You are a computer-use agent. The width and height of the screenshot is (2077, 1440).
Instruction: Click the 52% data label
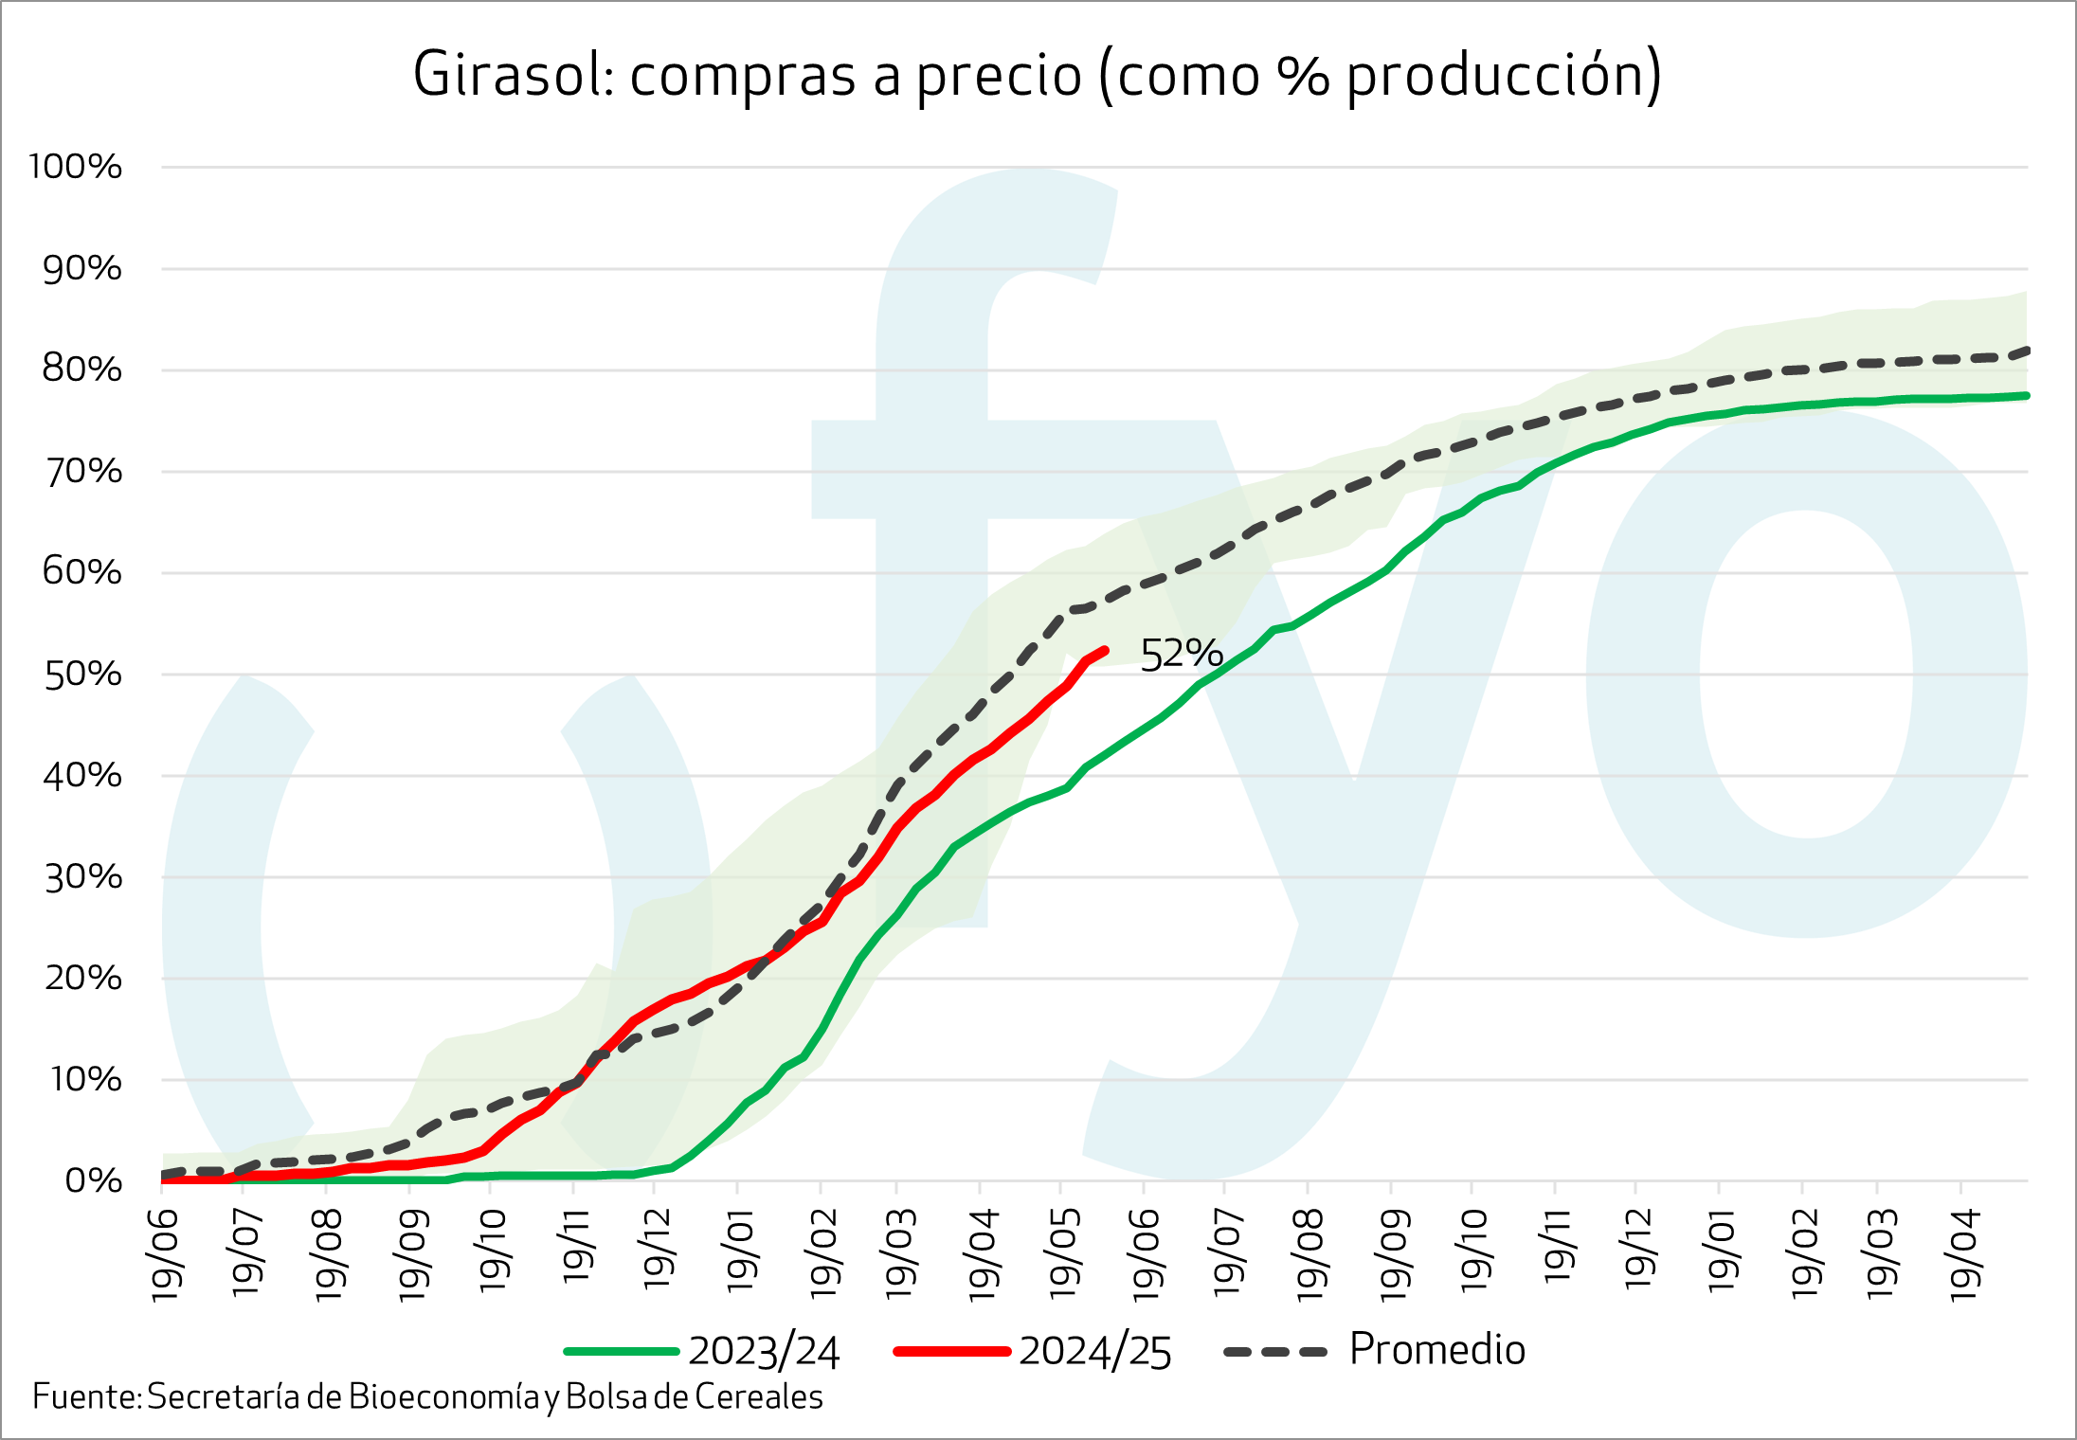coord(1181,655)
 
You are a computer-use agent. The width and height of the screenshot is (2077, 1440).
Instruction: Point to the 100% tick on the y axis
coord(76,167)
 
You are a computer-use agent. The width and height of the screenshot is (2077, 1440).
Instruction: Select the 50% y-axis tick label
coord(82,675)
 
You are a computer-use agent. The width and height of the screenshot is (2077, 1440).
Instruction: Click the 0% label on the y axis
coord(93,1181)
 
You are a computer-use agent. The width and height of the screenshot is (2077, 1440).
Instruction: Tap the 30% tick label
coord(82,877)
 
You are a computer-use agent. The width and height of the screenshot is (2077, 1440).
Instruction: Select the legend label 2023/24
coord(764,1352)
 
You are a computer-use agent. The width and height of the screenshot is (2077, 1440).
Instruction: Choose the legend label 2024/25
coord(1095,1352)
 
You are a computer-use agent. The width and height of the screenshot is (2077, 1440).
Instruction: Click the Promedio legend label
coord(1436,1350)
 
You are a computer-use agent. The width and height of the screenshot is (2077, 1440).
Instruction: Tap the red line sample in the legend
coord(952,1352)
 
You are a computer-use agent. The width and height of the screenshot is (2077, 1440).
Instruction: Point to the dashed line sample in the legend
coord(1275,1352)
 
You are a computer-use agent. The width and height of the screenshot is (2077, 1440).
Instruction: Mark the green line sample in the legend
coord(622,1352)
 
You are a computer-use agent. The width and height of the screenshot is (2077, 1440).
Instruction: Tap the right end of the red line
coord(1105,650)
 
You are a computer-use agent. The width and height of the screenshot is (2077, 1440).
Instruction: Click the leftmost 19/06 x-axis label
coord(167,1254)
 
